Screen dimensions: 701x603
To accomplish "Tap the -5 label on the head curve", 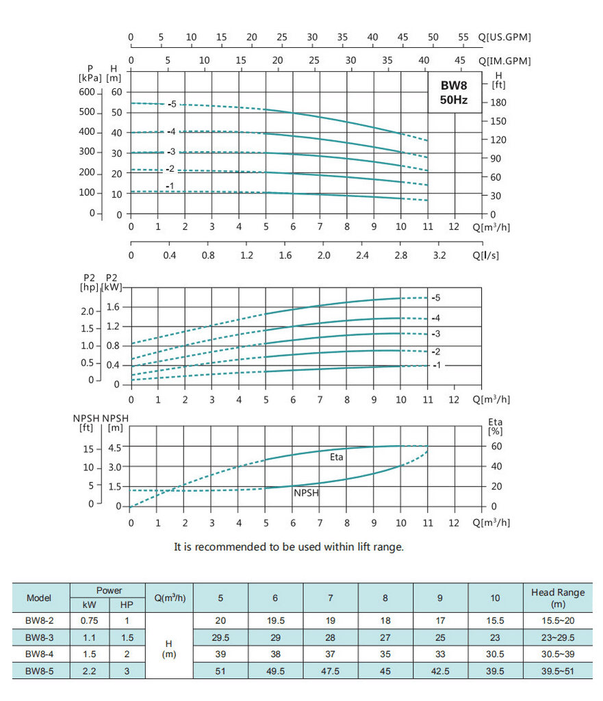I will [x=172, y=104].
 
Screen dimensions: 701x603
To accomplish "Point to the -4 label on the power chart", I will [x=435, y=318].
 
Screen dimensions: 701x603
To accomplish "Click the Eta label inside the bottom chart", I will [x=337, y=457].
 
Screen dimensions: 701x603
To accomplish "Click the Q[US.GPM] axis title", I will [x=504, y=37].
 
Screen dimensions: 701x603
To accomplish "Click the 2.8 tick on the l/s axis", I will [x=401, y=255].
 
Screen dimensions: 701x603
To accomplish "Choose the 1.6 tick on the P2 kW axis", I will [x=114, y=307].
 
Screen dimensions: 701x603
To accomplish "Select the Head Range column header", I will [x=558, y=598].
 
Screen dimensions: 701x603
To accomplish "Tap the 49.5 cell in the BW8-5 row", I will [x=275, y=672].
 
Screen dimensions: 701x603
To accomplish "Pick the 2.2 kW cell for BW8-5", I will [x=89, y=672].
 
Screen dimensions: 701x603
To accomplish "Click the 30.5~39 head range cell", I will [x=558, y=654].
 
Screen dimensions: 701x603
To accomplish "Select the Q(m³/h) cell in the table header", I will [x=170, y=598].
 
